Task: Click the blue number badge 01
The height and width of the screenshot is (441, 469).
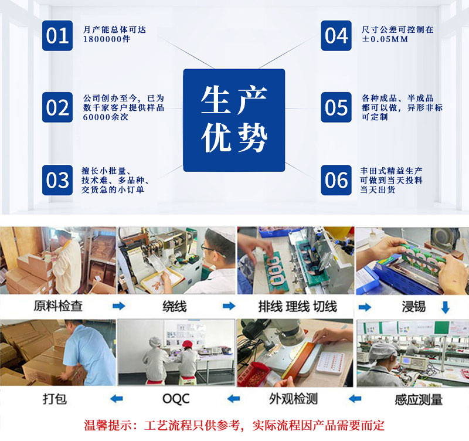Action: tap(57, 36)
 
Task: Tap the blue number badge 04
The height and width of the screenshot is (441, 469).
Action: tap(336, 36)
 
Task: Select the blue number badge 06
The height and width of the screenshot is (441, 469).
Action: tap(336, 180)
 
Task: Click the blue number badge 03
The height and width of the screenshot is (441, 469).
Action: tap(57, 180)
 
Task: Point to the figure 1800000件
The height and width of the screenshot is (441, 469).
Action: tap(107, 39)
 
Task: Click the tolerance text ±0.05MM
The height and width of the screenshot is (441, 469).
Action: tap(385, 39)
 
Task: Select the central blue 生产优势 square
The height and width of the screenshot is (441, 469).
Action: tap(234, 120)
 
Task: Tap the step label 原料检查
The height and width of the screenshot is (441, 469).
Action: tap(58, 306)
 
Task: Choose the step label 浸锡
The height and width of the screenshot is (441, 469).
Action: tap(414, 307)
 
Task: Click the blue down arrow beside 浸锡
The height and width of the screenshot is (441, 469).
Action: tap(446, 307)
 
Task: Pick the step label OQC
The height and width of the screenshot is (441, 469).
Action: tap(176, 399)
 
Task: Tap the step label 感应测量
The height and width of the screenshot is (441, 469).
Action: tap(419, 400)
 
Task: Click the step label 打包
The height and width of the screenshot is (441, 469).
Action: tap(55, 399)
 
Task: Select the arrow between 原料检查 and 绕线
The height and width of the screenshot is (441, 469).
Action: tap(119, 306)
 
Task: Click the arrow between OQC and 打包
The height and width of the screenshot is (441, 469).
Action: tap(116, 399)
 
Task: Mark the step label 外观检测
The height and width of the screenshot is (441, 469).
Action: tap(293, 399)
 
